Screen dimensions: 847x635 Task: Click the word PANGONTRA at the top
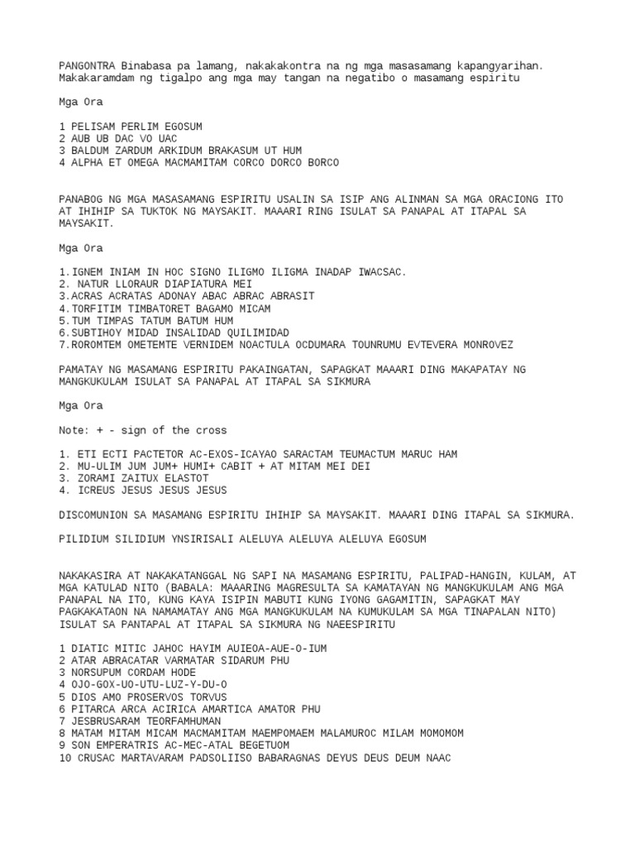[87, 65]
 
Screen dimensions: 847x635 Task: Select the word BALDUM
[90, 151]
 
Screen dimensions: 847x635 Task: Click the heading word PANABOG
[84, 199]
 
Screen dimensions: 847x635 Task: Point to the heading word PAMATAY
[84, 369]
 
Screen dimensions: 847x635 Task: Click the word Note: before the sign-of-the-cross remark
[74, 430]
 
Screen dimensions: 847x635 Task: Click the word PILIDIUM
[87, 539]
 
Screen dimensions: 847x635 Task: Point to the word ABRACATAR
[135, 661]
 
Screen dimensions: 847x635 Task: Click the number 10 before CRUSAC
[65, 758]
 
